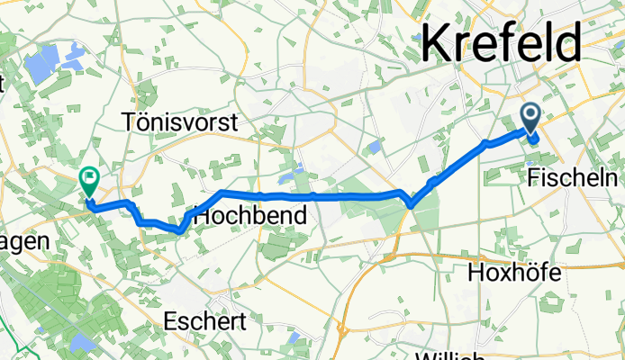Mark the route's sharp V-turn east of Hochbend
412,205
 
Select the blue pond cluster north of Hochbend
292,170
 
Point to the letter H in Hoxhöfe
476,273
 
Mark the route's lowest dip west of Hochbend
179,229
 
